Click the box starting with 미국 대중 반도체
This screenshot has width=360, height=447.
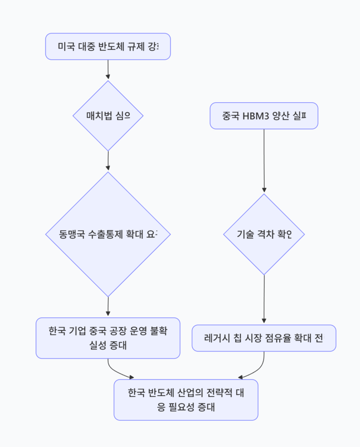pyautogui.click(x=108, y=46)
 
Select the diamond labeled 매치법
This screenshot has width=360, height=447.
pyautogui.click(x=108, y=116)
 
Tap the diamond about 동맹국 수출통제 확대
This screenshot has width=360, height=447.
pyautogui.click(x=108, y=234)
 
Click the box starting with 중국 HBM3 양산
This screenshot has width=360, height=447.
pyautogui.click(x=264, y=116)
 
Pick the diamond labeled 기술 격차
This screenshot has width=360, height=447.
pyautogui.click(x=264, y=234)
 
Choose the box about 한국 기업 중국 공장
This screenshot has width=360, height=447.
pyautogui.click(x=108, y=338)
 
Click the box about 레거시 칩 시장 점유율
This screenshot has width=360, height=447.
pyautogui.click(x=264, y=338)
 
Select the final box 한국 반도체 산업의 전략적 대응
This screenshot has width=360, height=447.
pyautogui.click(x=186, y=399)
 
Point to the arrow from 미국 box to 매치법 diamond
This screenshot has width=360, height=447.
pyautogui.click(x=108, y=70)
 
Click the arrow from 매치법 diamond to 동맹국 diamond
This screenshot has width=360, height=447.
pyautogui.click(x=108, y=161)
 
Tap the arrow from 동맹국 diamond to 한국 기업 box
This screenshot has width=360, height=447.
pyautogui.click(x=108, y=306)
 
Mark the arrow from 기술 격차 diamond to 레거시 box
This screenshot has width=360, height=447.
pyautogui.click(x=264, y=299)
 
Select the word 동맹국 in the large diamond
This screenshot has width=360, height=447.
pyautogui.click(x=70, y=234)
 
